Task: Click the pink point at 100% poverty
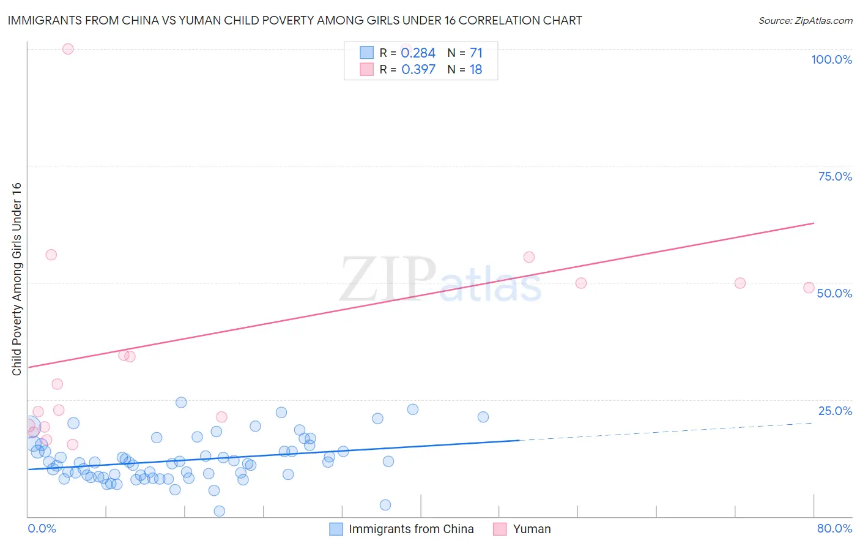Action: (x=68, y=49)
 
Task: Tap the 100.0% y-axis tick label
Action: (x=831, y=59)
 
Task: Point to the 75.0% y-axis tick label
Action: (x=835, y=176)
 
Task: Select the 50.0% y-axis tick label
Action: (x=834, y=293)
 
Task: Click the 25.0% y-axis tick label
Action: (x=835, y=411)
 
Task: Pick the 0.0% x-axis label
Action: (x=42, y=528)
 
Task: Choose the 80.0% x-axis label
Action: (x=834, y=528)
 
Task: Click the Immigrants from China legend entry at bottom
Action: (x=410, y=529)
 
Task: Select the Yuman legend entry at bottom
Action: (x=531, y=529)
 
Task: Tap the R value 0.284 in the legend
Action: (x=418, y=53)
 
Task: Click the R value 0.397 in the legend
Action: (x=418, y=70)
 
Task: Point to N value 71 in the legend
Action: (x=476, y=53)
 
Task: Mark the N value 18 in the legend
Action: (x=476, y=70)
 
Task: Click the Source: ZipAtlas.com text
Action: (x=805, y=20)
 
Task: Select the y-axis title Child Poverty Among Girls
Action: (x=17, y=279)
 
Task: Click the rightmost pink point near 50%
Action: (x=809, y=288)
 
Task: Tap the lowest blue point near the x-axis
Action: (x=219, y=511)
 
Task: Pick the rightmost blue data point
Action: (x=483, y=417)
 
